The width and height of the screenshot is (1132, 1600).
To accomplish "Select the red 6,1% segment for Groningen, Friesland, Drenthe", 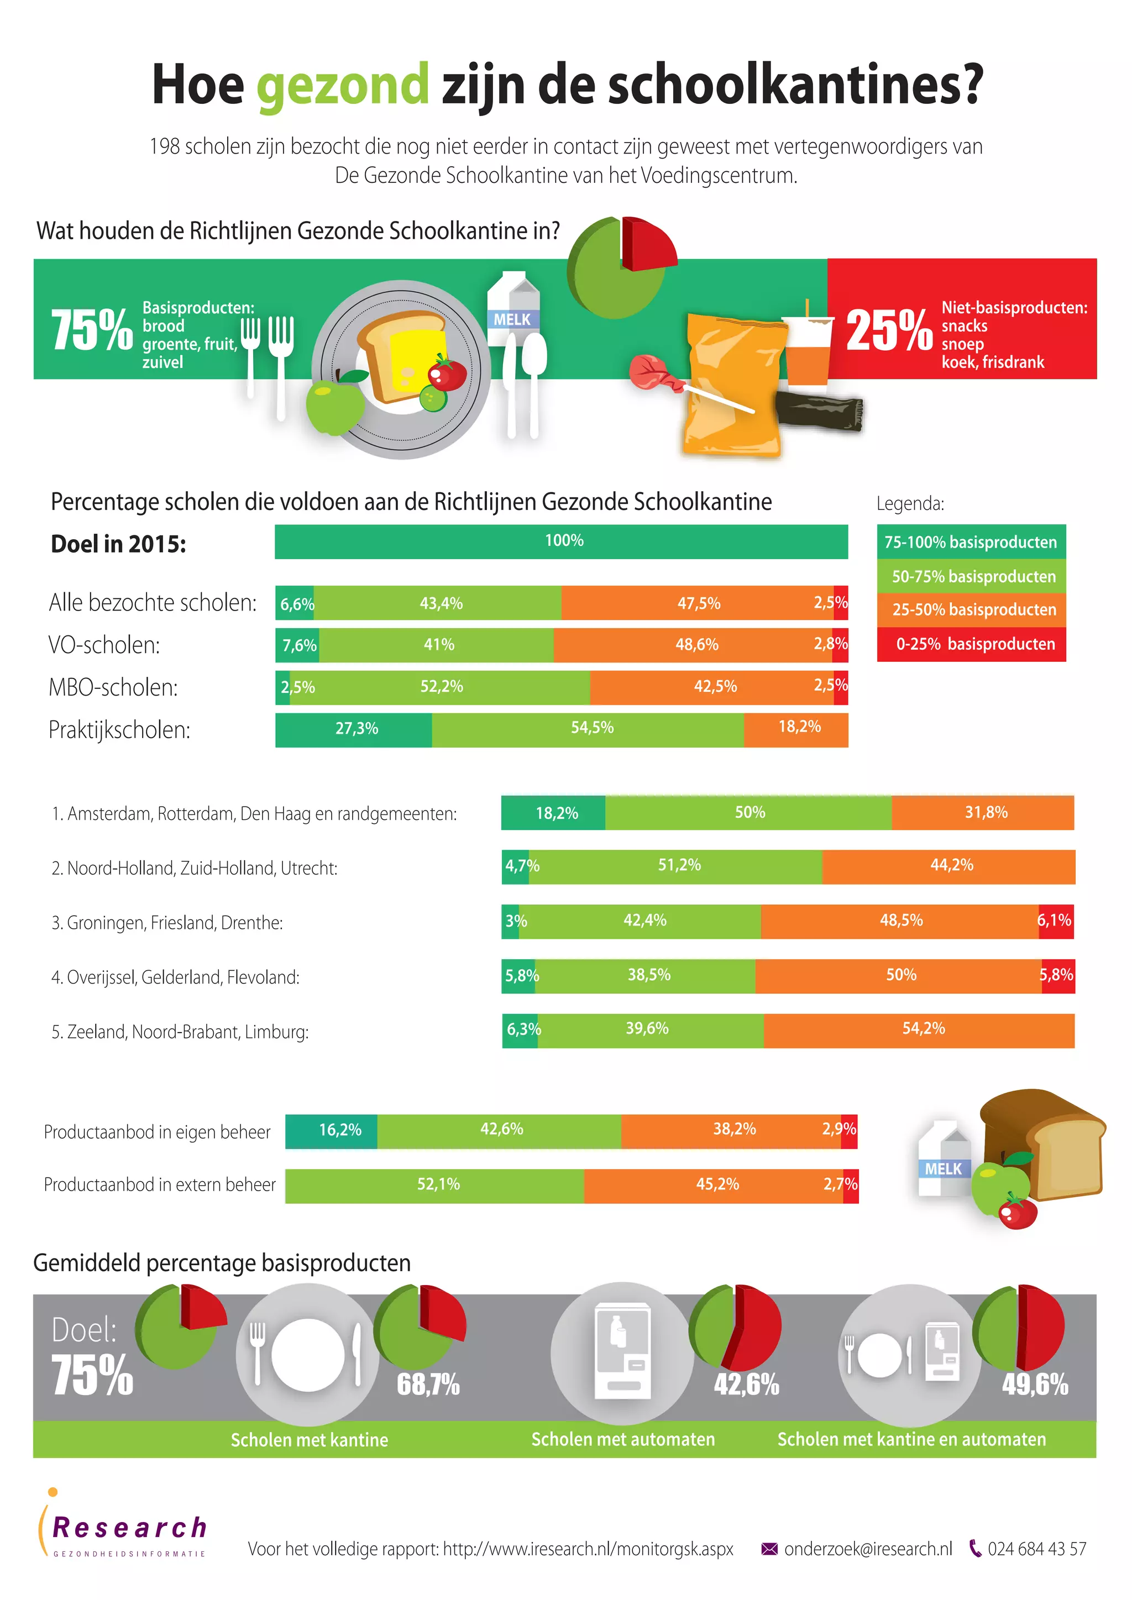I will click(1055, 921).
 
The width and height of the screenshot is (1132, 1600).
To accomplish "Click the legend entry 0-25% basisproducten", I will click(971, 644).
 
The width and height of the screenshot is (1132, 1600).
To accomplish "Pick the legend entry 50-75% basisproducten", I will click(971, 576).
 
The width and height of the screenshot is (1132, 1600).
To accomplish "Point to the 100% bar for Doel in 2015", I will click(561, 541).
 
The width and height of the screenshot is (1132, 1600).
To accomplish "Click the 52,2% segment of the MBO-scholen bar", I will click(441, 687).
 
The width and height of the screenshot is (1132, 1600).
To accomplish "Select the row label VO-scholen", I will click(104, 645).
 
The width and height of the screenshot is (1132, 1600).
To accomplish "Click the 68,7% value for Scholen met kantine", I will click(428, 1384).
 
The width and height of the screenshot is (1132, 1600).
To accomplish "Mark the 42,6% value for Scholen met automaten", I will click(746, 1384).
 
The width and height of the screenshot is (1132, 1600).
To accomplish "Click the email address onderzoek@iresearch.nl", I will click(867, 1549).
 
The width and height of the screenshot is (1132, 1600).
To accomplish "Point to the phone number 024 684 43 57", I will click(1036, 1549).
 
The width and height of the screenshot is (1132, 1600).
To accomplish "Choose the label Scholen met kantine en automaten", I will click(911, 1440).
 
